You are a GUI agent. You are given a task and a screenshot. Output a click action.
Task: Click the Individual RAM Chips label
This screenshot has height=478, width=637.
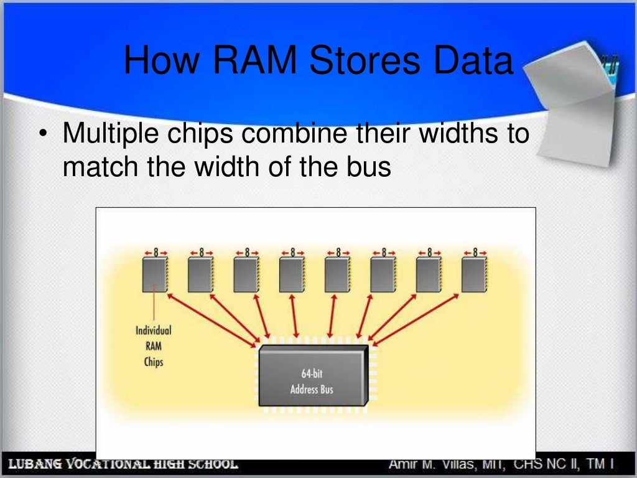(x=153, y=346)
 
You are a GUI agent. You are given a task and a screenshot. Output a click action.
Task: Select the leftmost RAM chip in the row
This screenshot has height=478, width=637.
(x=154, y=275)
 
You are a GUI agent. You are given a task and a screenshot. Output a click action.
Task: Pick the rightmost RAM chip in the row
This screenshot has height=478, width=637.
(x=474, y=275)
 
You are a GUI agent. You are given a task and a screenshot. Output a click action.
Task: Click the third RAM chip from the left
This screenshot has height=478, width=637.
(x=246, y=275)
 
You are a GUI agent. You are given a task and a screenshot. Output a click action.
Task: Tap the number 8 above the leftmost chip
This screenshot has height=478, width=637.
(x=156, y=253)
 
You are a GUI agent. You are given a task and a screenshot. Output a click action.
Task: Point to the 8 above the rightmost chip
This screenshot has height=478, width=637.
(x=475, y=253)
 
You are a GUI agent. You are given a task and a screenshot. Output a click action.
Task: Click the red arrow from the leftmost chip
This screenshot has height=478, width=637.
(x=212, y=319)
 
